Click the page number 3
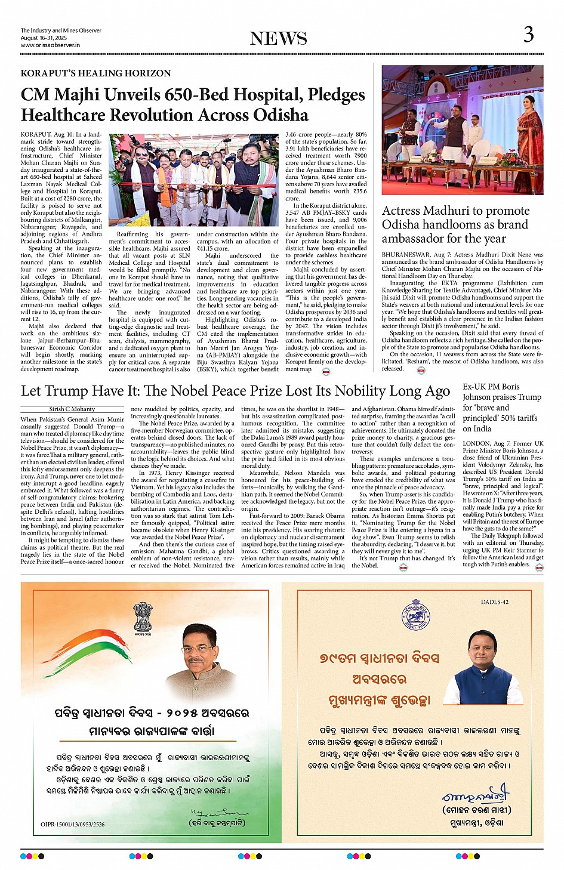click(528, 35)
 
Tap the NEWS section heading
click(278, 39)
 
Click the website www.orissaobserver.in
click(50, 45)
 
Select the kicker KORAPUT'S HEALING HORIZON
click(95, 73)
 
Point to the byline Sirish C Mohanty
click(72, 409)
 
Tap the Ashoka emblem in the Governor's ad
click(143, 617)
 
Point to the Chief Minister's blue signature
click(476, 795)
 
